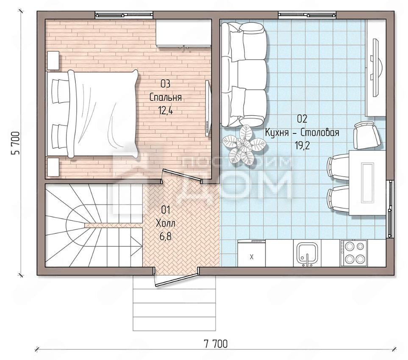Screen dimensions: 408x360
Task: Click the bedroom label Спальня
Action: (166, 97)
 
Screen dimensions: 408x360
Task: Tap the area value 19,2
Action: (302, 146)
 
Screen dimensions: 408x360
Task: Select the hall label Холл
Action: (166, 223)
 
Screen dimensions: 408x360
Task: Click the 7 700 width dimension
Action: (216, 344)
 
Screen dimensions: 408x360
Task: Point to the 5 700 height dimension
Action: (15, 143)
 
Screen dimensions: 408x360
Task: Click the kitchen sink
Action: (307, 253)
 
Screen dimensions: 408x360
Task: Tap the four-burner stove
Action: (354, 253)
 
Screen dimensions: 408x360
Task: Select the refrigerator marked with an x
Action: (251, 253)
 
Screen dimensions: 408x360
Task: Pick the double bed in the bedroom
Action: (92, 114)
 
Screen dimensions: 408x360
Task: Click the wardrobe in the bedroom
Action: (183, 33)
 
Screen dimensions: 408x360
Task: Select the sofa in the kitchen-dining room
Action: (244, 75)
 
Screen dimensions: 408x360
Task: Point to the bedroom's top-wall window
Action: (124, 15)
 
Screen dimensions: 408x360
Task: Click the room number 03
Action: (166, 84)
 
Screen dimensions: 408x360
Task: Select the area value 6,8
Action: (166, 236)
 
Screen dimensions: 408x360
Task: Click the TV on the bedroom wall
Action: (208, 108)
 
